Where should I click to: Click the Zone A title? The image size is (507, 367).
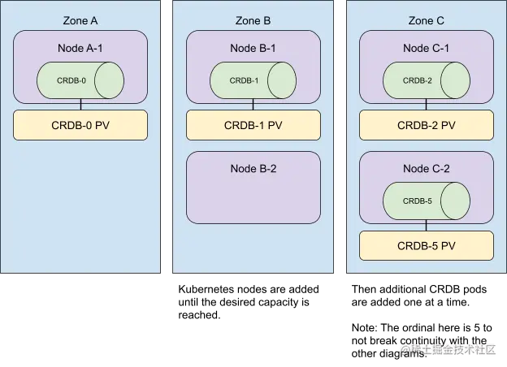click(80, 19)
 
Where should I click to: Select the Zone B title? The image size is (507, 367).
click(253, 19)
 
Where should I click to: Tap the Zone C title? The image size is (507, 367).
click(426, 19)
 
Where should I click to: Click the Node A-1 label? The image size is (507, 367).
click(80, 48)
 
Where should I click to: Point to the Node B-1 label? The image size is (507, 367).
click(253, 48)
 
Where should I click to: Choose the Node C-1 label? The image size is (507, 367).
click(426, 48)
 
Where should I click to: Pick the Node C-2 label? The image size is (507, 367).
click(426, 168)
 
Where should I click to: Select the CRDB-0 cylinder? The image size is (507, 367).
click(80, 80)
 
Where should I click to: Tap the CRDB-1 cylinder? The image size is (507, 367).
click(253, 80)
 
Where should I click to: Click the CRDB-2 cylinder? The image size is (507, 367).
click(426, 80)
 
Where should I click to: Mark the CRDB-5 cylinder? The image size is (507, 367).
click(426, 201)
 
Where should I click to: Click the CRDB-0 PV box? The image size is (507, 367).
click(80, 125)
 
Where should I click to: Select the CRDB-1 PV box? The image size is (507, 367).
click(253, 125)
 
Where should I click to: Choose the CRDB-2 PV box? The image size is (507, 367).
click(426, 125)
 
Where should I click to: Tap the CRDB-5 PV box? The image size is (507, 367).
click(426, 245)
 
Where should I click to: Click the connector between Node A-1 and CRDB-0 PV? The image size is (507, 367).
click(80, 106)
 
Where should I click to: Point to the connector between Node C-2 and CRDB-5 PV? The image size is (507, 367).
click(426, 227)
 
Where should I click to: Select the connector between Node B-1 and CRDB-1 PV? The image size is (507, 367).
click(253, 106)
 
